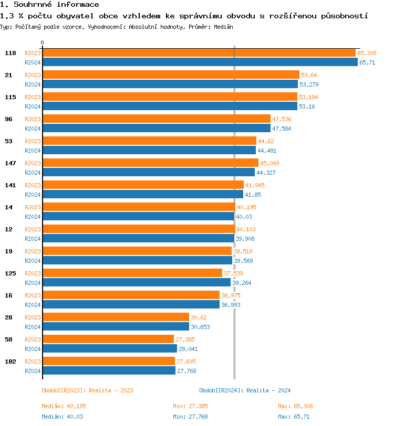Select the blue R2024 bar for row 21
(170, 84)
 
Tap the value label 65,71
(367, 62)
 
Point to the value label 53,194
(308, 97)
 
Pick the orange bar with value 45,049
(150, 163)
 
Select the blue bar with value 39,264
(137, 283)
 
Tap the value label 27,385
(185, 339)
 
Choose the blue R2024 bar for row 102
(109, 371)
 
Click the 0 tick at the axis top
(43, 42)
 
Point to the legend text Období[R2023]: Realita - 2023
(87, 390)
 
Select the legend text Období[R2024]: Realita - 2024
(245, 390)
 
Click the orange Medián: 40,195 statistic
(64, 406)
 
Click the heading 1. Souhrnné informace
(49, 5)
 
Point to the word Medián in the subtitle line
(223, 26)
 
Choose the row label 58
(9, 339)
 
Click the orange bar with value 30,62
(116, 317)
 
